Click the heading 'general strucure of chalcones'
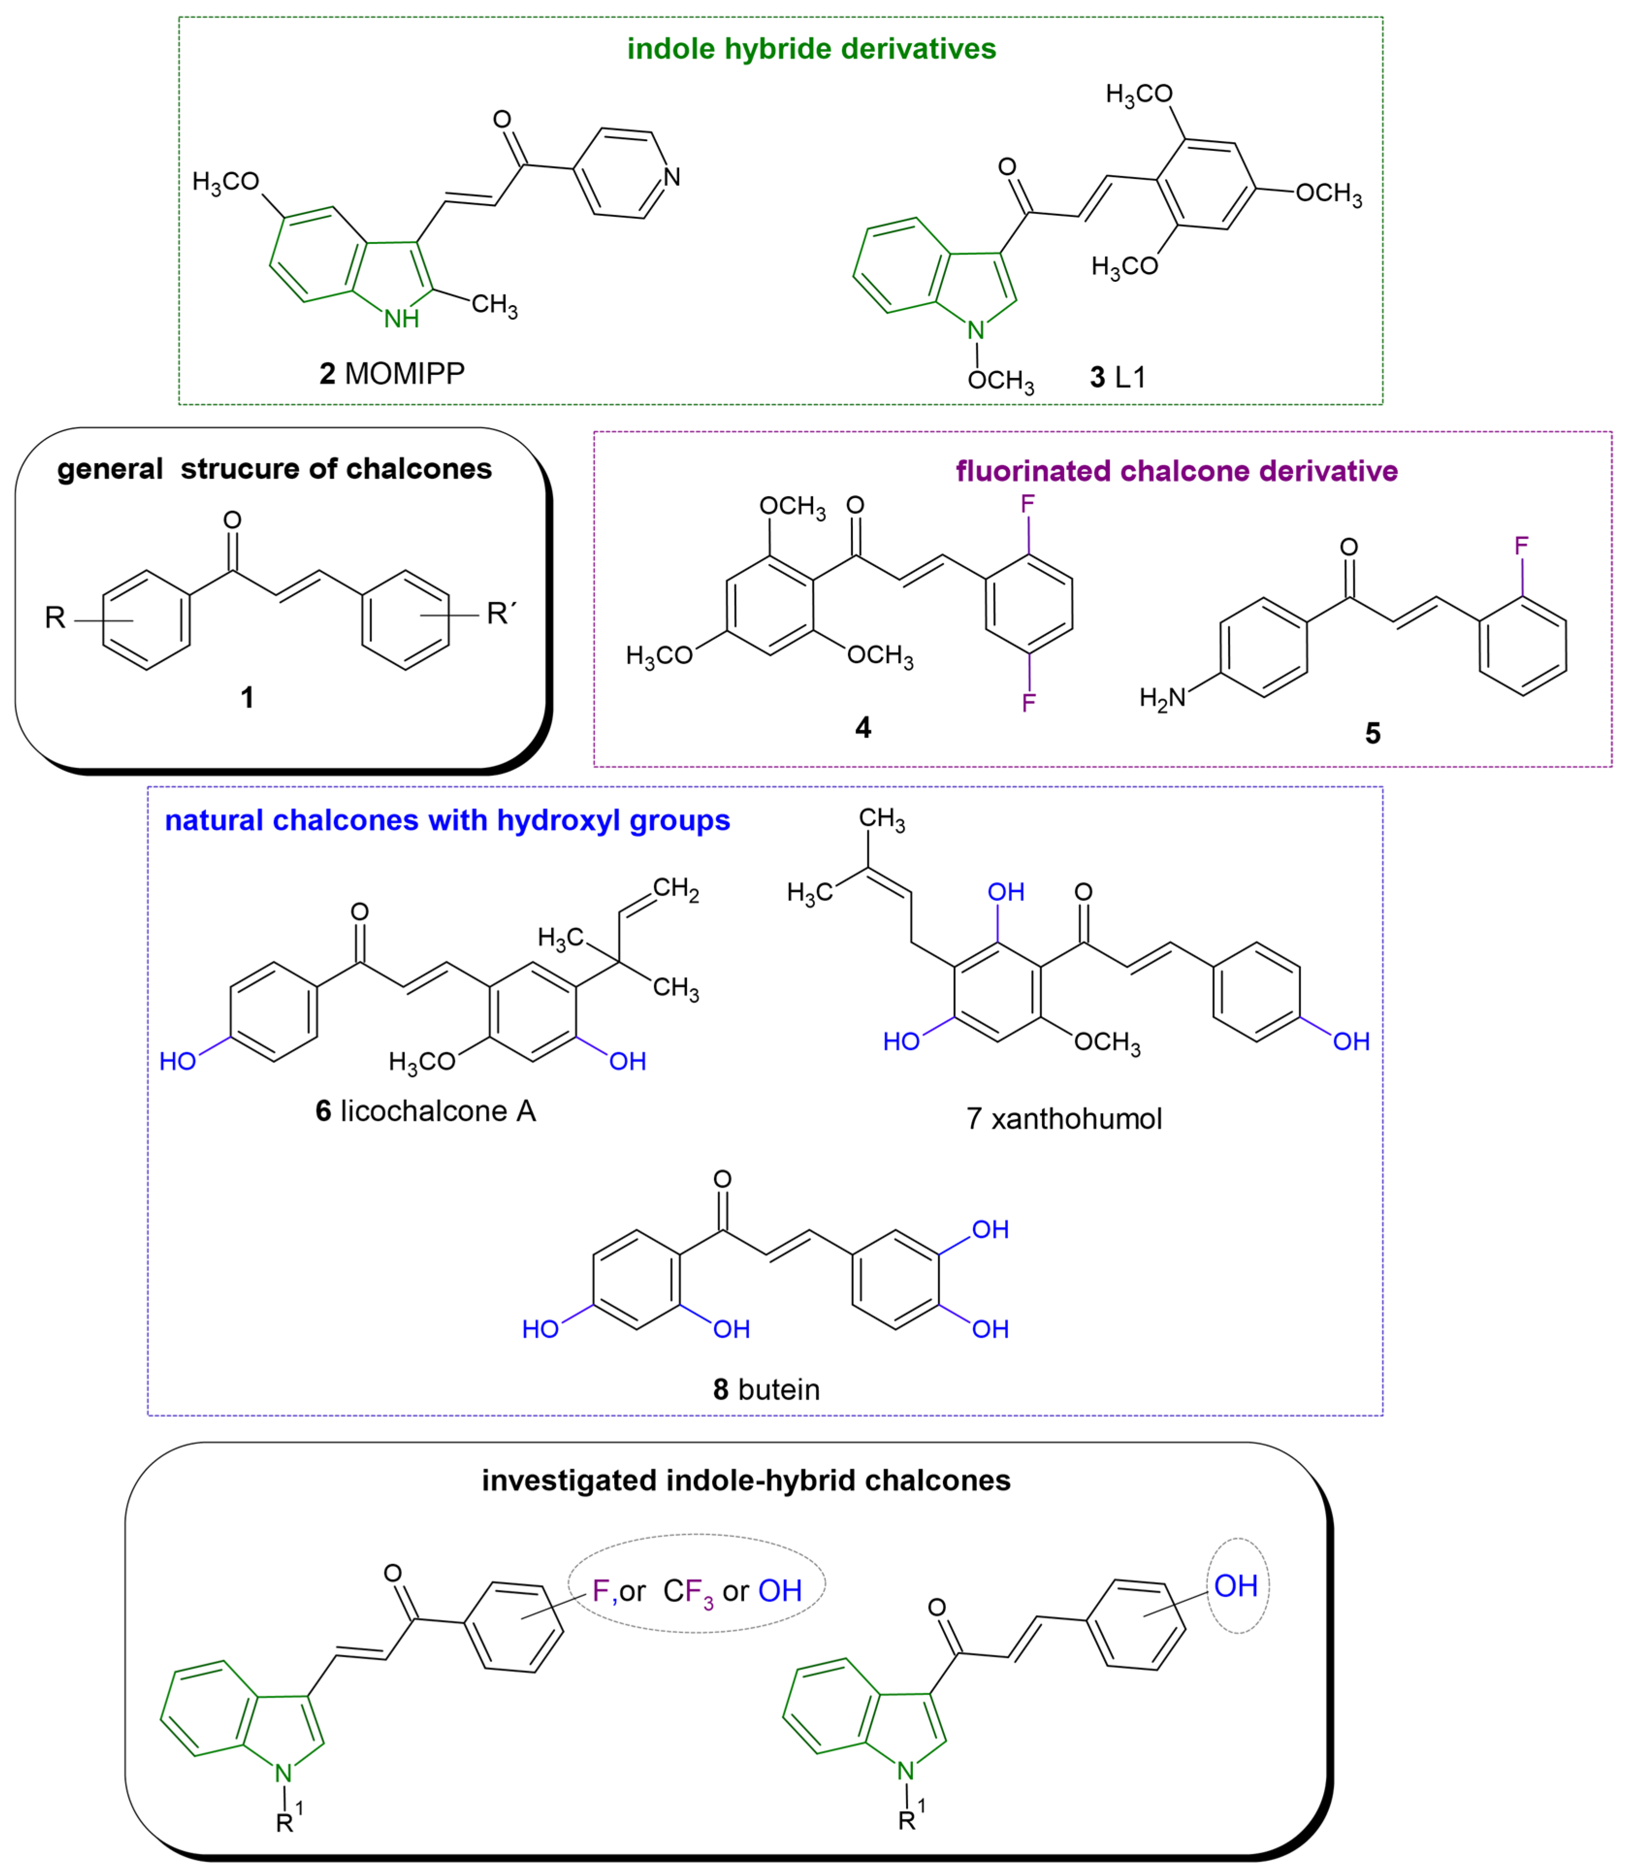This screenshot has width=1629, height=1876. tap(274, 469)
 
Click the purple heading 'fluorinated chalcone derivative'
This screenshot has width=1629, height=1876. tap(1176, 471)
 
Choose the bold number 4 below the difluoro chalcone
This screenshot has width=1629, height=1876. tap(862, 728)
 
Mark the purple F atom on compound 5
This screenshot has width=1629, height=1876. tap(1521, 546)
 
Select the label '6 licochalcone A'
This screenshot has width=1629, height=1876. tap(426, 1111)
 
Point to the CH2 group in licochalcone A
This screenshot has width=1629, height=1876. tap(676, 889)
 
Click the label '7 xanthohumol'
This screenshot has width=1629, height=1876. tap(1064, 1118)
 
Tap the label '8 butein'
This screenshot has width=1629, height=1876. tap(767, 1390)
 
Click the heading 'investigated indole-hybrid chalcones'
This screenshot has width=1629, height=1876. tap(746, 1480)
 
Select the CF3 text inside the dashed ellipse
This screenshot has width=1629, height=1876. tap(688, 1591)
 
